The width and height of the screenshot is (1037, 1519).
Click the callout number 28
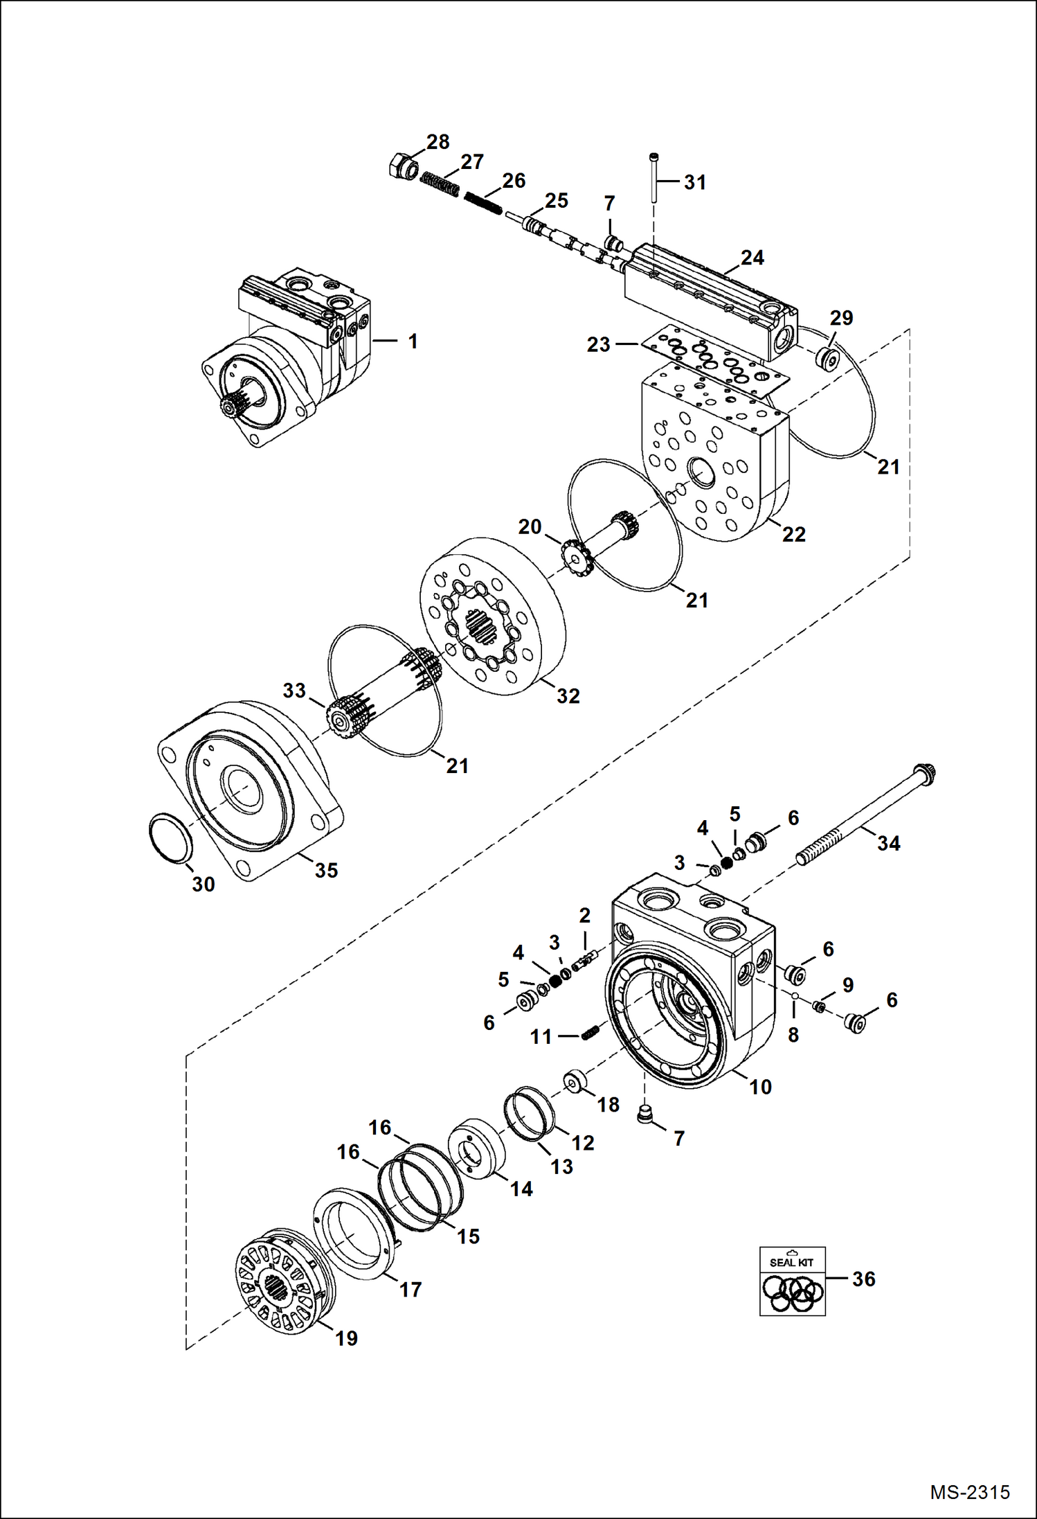coord(438,142)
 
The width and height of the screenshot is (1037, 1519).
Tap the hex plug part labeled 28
coord(402,168)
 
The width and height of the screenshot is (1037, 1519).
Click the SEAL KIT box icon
coord(792,1281)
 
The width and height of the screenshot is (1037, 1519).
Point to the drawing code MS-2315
coord(969,1491)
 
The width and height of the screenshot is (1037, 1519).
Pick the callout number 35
coord(326,871)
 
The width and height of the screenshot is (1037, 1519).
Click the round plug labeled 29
coord(825,358)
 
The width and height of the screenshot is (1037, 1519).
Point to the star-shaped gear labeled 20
coord(574,555)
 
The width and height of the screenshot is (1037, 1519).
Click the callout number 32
coord(568,696)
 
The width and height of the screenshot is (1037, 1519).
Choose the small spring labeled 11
coord(590,1033)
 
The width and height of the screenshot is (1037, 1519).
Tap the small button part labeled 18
coord(576,1082)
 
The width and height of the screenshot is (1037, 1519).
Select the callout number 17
coord(410,1289)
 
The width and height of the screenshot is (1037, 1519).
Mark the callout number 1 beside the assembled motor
coord(413,341)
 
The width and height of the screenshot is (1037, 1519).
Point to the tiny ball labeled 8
coord(796,996)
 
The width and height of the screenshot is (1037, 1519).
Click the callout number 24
coord(752,258)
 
